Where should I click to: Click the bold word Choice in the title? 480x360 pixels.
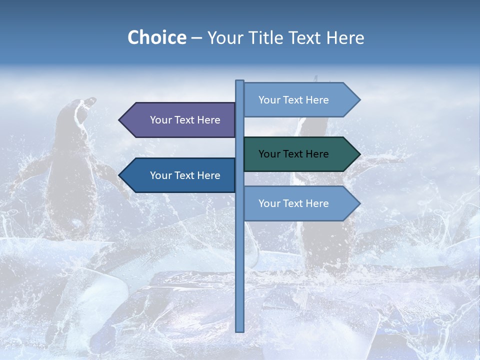click(x=156, y=37)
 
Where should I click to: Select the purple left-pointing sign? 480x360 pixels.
click(x=180, y=120)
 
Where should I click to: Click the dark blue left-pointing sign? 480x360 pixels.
click(x=180, y=175)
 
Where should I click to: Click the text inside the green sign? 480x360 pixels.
click(x=293, y=154)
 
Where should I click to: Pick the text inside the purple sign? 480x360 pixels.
click(x=185, y=120)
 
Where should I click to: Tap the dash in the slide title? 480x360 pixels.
click(x=196, y=38)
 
